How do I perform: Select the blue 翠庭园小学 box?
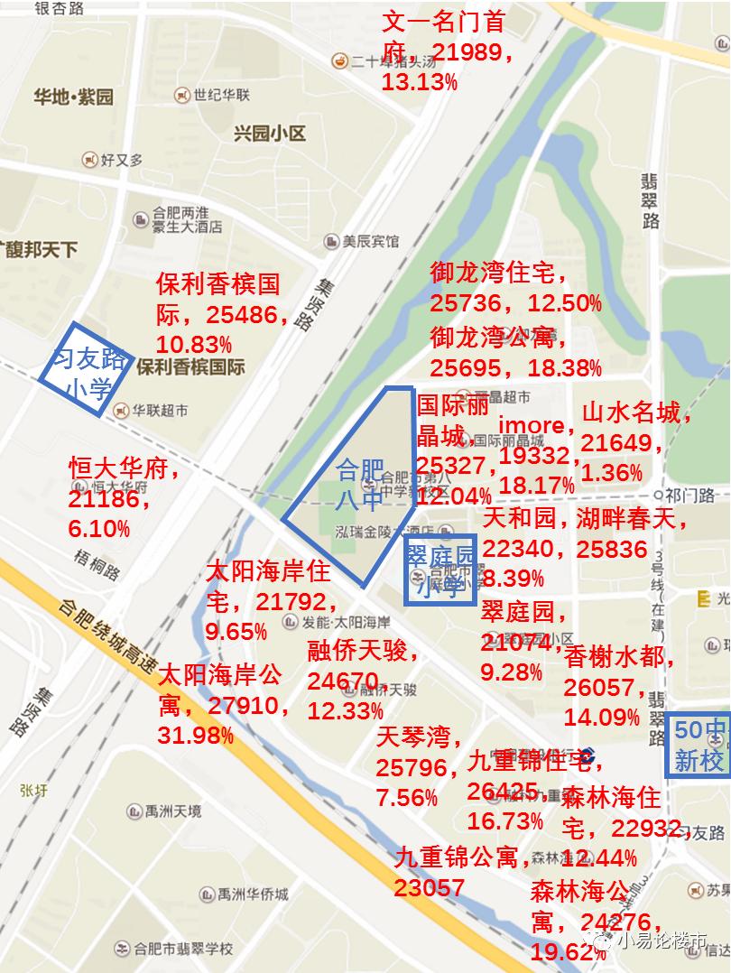pyautogui.click(x=440, y=571)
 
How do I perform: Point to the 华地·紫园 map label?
pyautogui.click(x=73, y=97)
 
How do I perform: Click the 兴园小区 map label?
pyautogui.click(x=270, y=134)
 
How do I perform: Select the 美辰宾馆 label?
pyautogui.click(x=369, y=242)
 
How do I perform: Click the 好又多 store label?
pyautogui.click(x=122, y=160)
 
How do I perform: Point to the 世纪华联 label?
pyautogui.click(x=225, y=95)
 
